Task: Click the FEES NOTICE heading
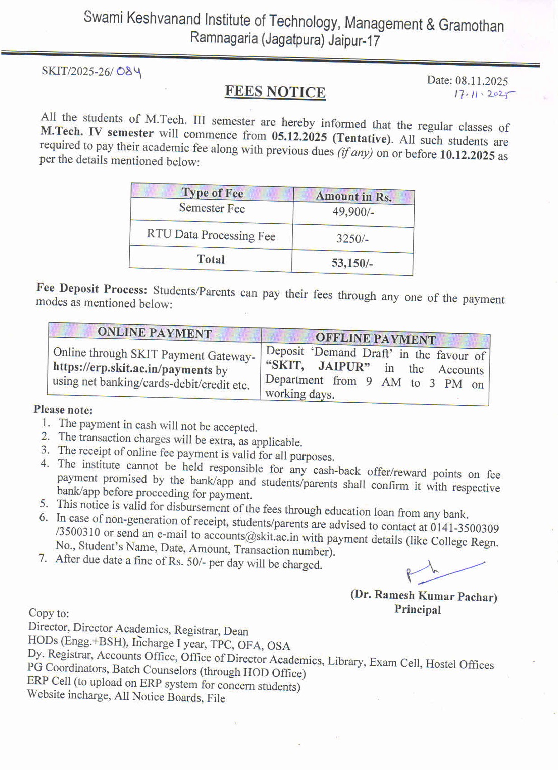point(275,92)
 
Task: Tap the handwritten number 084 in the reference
point(129,72)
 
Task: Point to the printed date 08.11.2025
point(481,81)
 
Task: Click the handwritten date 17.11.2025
point(484,95)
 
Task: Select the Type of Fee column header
point(212,193)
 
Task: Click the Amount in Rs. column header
point(354,197)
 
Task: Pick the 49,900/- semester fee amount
point(353,212)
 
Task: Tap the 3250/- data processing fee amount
point(352,238)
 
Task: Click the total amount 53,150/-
point(352,263)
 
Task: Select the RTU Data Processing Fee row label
point(211,235)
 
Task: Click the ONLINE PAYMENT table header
point(155,333)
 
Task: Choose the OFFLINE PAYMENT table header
point(375,338)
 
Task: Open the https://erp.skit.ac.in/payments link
point(132,369)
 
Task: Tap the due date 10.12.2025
point(467,155)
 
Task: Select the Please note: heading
point(63,410)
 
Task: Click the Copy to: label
point(49,613)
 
